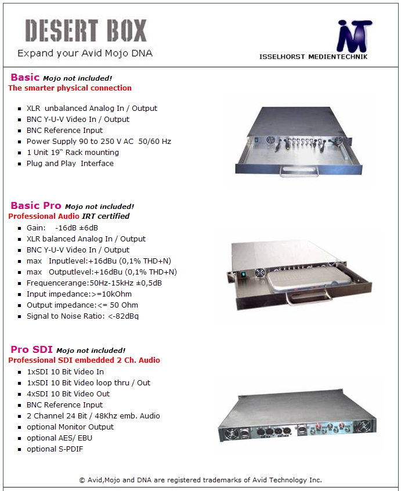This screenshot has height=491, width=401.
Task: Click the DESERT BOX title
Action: point(86,30)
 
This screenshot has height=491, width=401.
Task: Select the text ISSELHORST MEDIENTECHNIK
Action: point(313,57)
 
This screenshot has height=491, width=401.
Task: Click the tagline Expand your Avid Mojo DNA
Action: point(85,53)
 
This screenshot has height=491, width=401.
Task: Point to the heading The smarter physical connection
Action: point(70,88)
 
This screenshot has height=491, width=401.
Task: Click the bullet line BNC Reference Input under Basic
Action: point(64,131)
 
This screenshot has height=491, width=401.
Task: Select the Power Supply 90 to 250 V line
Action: point(99,142)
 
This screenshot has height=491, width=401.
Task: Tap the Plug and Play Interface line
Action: point(70,164)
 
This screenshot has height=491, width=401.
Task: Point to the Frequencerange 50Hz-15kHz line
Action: point(94,283)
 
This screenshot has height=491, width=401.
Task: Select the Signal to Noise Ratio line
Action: point(82,316)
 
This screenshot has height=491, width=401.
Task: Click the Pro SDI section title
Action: point(31,349)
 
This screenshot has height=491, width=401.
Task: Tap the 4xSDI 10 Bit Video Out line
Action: point(68,394)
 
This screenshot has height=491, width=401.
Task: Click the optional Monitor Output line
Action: point(70,427)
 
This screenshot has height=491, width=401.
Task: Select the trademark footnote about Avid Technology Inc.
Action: point(200,480)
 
